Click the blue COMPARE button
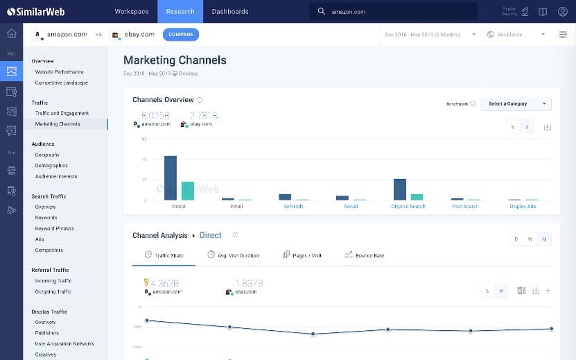click(x=181, y=34)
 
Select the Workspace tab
click(x=132, y=11)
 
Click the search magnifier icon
click(x=321, y=12)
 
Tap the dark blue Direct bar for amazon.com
click(x=171, y=178)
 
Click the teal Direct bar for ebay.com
click(x=188, y=191)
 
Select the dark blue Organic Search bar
click(x=399, y=189)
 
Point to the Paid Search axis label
click(x=464, y=206)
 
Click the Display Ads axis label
click(x=522, y=206)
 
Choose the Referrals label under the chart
click(x=293, y=206)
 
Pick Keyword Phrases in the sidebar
click(x=54, y=228)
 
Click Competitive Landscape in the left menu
click(x=62, y=83)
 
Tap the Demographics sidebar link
click(x=51, y=166)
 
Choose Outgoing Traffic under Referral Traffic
click(x=53, y=291)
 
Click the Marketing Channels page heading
click(x=175, y=60)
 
